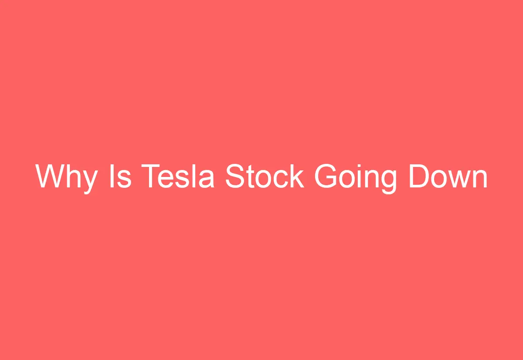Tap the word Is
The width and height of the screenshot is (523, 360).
(x=120, y=177)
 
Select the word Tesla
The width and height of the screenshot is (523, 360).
(x=178, y=177)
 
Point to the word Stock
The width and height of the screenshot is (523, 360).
(x=264, y=177)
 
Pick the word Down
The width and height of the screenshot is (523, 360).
(x=448, y=177)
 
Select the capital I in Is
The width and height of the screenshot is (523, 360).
(x=112, y=177)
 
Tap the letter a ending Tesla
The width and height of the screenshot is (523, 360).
(x=206, y=179)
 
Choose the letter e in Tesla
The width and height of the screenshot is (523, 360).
(x=168, y=179)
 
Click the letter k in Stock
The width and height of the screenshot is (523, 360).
(x=296, y=177)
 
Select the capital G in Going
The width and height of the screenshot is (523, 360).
(x=328, y=177)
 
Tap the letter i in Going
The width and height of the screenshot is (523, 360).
(x=362, y=177)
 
